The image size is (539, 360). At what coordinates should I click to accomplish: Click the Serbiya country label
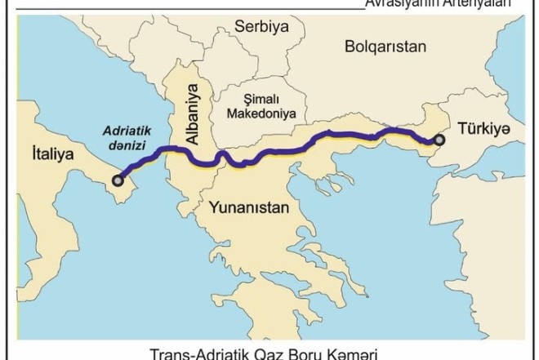(x=262, y=26)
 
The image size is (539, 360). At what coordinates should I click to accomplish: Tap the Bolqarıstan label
(x=386, y=47)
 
